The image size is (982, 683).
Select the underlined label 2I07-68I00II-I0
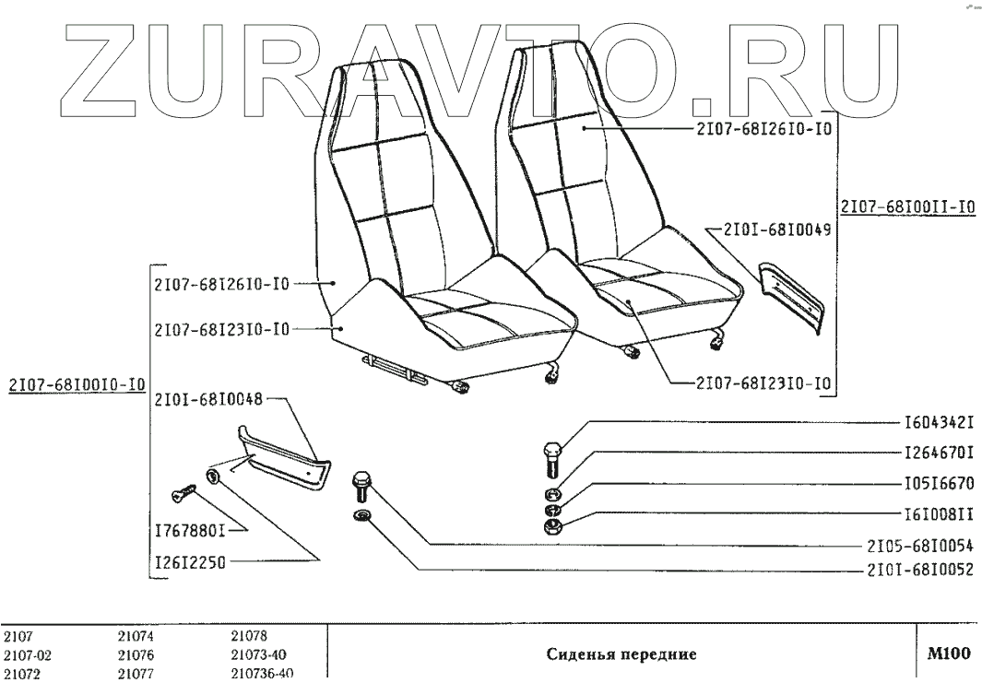click(905, 208)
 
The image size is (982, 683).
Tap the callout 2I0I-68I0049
click(777, 230)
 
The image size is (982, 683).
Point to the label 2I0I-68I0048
click(209, 399)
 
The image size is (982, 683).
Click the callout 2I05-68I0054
click(919, 544)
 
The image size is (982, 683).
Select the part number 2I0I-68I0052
click(919, 570)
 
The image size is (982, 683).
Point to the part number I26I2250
click(191, 559)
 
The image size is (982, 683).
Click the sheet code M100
click(949, 654)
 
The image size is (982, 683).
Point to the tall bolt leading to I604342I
click(550, 458)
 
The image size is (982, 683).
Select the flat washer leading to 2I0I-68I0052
click(361, 514)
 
